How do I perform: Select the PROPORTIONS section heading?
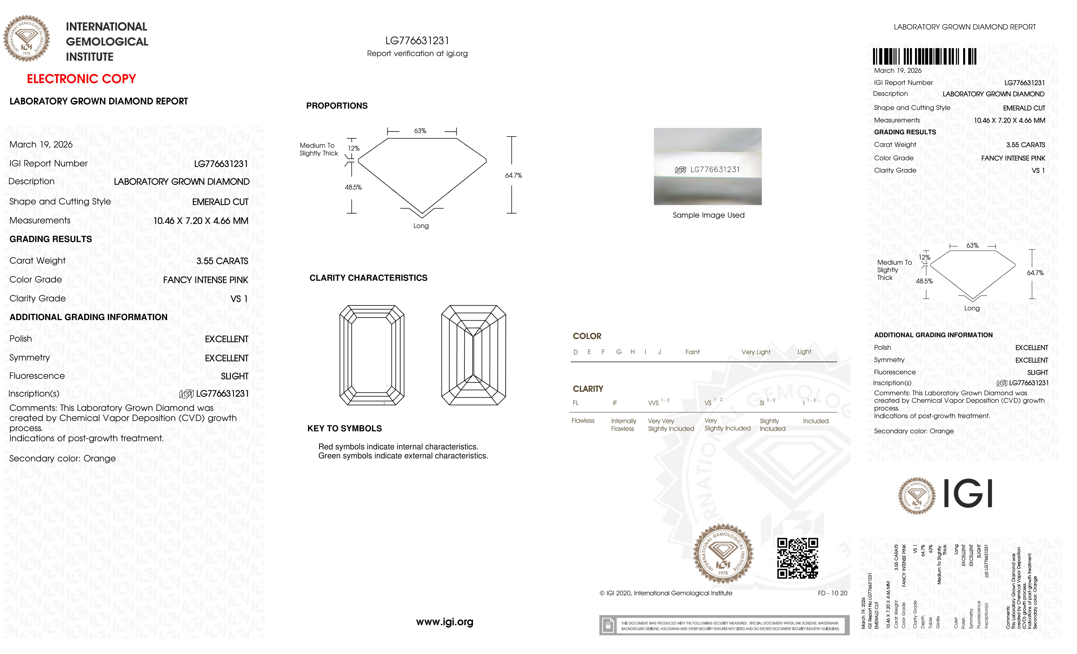click(337, 106)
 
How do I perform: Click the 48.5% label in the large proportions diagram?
click(353, 187)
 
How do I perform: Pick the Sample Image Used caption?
click(708, 215)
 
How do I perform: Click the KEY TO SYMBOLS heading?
click(344, 428)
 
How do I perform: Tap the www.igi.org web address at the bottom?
click(444, 622)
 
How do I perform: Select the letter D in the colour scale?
click(576, 352)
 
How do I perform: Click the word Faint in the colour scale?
click(692, 352)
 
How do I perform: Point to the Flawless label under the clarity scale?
click(583, 421)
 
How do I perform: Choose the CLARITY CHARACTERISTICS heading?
click(368, 278)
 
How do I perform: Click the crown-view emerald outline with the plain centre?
click(371, 355)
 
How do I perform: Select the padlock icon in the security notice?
click(608, 625)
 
